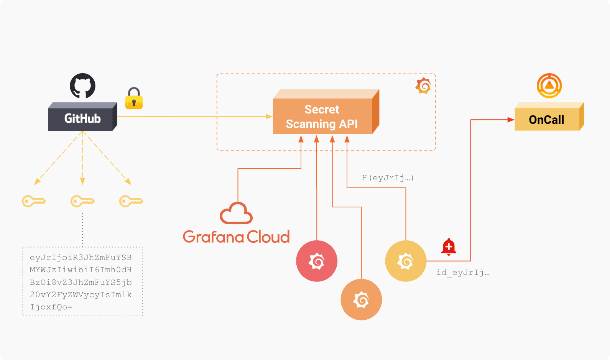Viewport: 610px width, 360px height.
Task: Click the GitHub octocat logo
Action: (x=82, y=86)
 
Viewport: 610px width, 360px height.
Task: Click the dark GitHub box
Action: (x=82, y=117)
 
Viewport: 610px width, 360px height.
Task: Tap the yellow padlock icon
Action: (x=134, y=99)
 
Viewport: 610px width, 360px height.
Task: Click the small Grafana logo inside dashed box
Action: (x=423, y=86)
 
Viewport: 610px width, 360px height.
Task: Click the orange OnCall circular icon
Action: (x=549, y=85)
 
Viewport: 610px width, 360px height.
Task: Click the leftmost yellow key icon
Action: (x=34, y=201)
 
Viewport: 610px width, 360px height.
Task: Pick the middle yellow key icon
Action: (x=82, y=201)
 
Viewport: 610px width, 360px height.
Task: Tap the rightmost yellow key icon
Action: (x=131, y=201)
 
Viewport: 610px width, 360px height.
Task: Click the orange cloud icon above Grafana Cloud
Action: (x=236, y=214)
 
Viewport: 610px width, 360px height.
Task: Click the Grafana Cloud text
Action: (x=236, y=237)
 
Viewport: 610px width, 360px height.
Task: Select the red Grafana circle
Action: (x=317, y=261)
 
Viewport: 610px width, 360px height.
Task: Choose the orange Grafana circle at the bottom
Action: (x=361, y=299)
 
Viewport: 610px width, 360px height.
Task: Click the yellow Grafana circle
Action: (x=406, y=261)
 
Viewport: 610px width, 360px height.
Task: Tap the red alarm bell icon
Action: (x=449, y=247)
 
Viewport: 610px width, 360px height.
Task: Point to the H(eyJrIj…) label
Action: (x=388, y=178)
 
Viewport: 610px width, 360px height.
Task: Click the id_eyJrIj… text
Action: (x=463, y=273)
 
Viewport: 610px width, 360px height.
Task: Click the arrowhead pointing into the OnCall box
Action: (x=511, y=120)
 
